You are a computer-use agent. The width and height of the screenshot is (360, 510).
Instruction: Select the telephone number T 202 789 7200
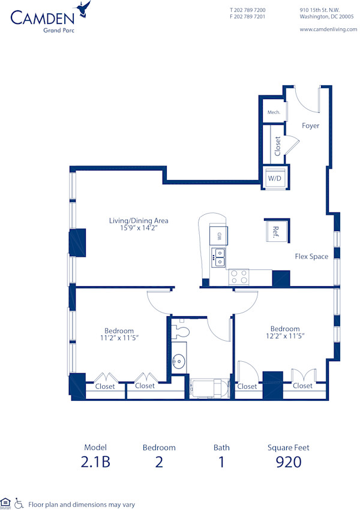pyautogui.click(x=248, y=10)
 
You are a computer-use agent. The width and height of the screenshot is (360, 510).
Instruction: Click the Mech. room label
pyautogui.click(x=274, y=112)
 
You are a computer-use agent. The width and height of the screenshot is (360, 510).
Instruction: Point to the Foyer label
pyautogui.click(x=310, y=126)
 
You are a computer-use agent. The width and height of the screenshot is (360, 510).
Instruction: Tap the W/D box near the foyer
pyautogui.click(x=275, y=178)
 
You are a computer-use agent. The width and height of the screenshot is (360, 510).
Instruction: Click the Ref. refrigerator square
pyautogui.click(x=276, y=230)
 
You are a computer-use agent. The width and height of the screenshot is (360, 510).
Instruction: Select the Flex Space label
pyautogui.click(x=311, y=257)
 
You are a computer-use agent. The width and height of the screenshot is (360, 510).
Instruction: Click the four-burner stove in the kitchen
pyautogui.click(x=239, y=277)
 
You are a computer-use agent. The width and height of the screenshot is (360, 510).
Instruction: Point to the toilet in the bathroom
pyautogui.click(x=182, y=331)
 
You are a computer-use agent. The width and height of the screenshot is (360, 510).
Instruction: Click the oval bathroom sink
pyautogui.click(x=179, y=361)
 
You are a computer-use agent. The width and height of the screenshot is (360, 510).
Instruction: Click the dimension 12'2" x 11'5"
pyautogui.click(x=285, y=337)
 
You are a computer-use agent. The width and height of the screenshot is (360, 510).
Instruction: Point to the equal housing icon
pyautogui.click(x=6, y=503)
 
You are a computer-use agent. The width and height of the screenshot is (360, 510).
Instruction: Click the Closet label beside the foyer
pyautogui.click(x=277, y=146)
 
